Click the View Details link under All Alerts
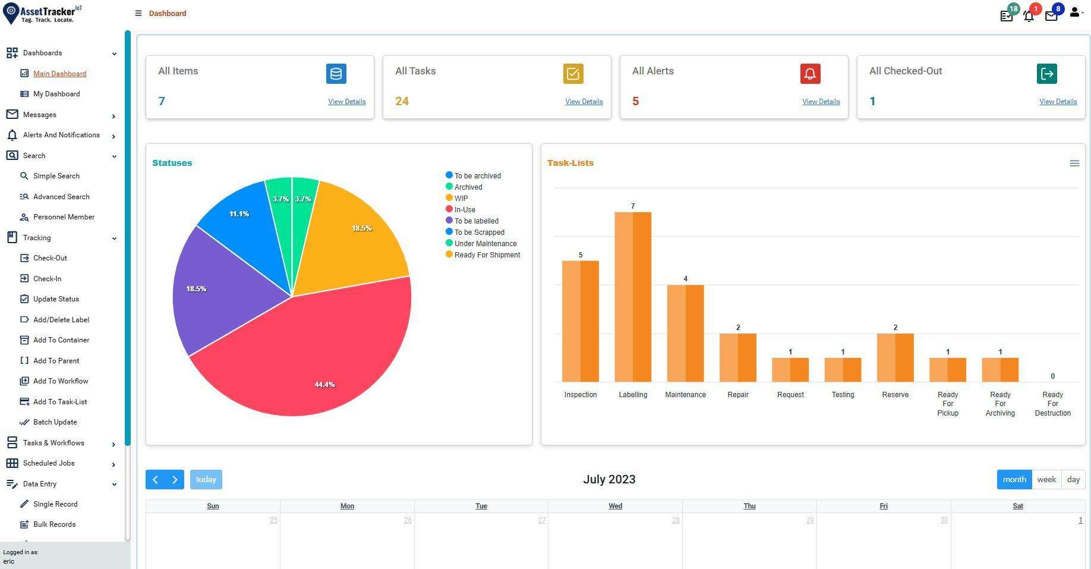[821, 102]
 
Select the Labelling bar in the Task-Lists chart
[632, 297]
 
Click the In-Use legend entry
[465, 210]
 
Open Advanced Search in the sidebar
[61, 197]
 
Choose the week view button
[1046, 479]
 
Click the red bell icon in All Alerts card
[810, 74]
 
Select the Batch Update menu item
[55, 422]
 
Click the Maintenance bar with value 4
[685, 333]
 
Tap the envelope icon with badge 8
[1051, 16]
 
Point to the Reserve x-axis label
[895, 395]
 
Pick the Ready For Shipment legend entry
[487, 255]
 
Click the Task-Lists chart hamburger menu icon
[1074, 163]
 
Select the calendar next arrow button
[175, 479]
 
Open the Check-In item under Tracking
[47, 279]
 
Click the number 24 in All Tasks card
[402, 101]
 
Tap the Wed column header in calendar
[615, 506]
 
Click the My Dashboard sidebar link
[56, 94]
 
